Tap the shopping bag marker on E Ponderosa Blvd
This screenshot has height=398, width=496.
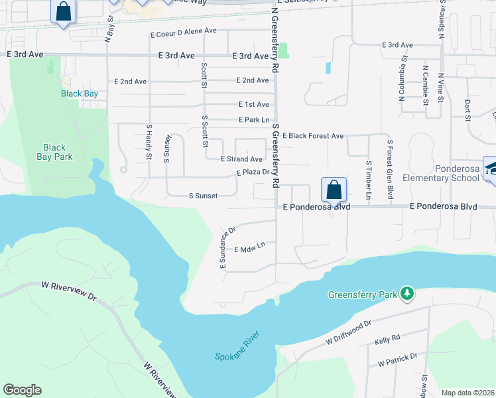334,190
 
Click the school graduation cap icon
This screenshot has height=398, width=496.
492,167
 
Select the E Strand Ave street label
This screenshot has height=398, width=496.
242,159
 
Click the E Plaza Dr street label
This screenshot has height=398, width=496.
253,172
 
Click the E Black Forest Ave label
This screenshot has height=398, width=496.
313,136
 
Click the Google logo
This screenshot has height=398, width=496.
22,390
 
